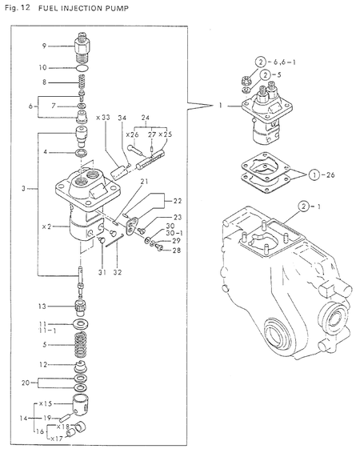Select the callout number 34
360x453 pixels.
coord(122,118)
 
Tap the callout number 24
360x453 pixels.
coord(146,118)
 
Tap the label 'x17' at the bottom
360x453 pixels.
coord(55,439)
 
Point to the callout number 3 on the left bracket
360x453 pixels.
coord(26,189)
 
